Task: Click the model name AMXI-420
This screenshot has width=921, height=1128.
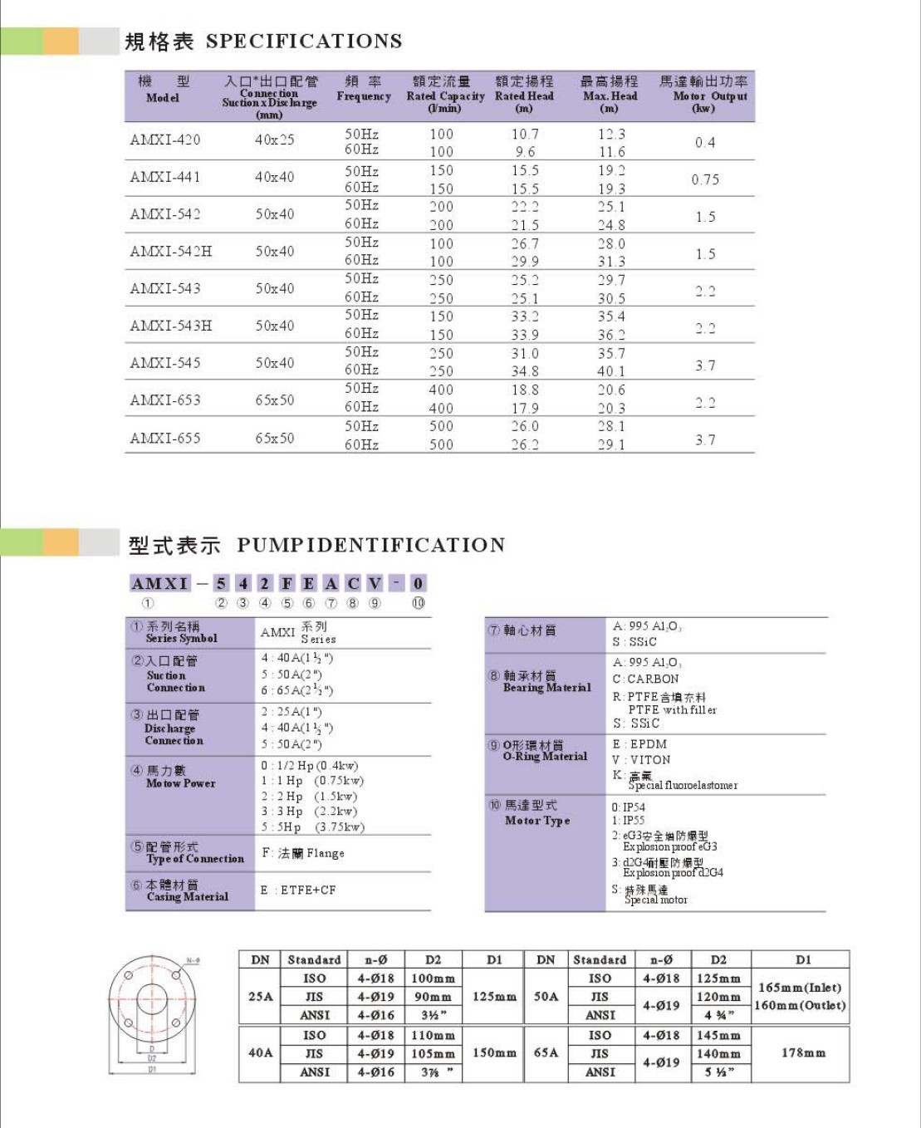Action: tap(164, 140)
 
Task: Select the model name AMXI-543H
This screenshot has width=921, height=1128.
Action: tap(170, 326)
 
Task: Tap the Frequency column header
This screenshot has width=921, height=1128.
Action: tap(363, 89)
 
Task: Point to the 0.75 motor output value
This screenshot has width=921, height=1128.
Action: tap(705, 179)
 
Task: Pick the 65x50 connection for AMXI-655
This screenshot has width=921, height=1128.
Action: tap(274, 438)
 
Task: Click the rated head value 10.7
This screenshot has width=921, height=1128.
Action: tap(524, 134)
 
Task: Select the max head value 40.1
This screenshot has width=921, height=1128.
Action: tap(610, 371)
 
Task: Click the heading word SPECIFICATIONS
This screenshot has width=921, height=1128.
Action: tap(304, 41)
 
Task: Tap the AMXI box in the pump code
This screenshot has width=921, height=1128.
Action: tap(160, 583)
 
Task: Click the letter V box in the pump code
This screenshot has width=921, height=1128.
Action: tap(375, 583)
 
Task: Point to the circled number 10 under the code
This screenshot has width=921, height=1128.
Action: tap(418, 603)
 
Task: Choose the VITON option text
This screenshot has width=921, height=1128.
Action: tap(649, 760)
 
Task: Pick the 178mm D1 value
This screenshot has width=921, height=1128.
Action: tap(803, 1052)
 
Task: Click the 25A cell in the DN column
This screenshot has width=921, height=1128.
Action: tap(260, 996)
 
